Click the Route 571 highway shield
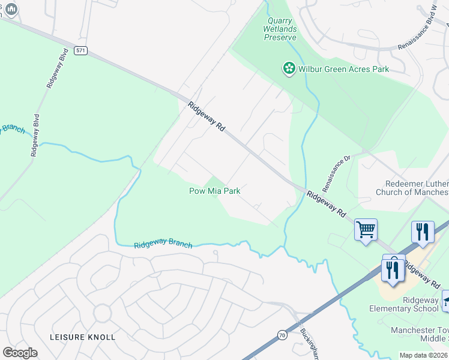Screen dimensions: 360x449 (x=80, y=51)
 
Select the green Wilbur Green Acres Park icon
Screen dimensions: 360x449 (x=289, y=69)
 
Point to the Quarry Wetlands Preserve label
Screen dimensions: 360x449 (x=280, y=29)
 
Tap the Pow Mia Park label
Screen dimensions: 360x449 (x=215, y=191)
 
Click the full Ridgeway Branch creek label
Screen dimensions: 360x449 (x=163, y=245)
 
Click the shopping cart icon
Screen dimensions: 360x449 (x=366, y=229)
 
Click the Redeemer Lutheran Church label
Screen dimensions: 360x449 (x=412, y=187)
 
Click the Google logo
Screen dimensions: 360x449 (x=20, y=352)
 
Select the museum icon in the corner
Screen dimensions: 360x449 (x=10, y=9)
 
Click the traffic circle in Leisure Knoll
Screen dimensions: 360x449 (x=102, y=313)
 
